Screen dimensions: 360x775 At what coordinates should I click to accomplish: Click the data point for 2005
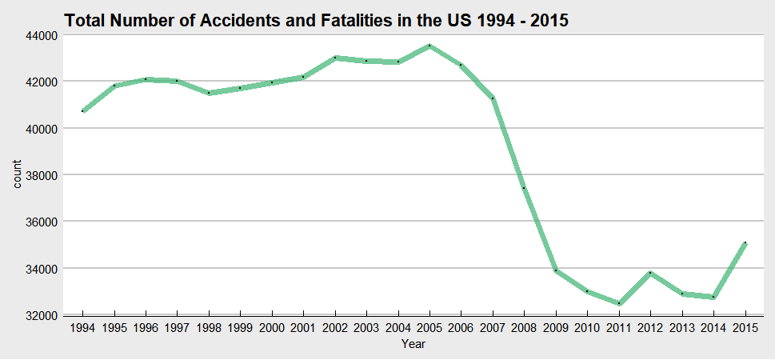(429, 46)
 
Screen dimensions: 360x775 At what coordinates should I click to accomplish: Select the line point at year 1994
(82, 111)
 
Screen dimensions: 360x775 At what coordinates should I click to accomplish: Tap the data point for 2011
(618, 303)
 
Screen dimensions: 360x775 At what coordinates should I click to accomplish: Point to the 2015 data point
(745, 242)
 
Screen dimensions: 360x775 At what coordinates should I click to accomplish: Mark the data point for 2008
(524, 188)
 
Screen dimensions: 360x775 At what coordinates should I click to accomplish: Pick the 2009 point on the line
(556, 270)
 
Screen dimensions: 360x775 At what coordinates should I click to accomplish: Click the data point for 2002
(335, 58)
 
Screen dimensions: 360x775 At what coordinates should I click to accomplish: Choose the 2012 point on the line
(650, 273)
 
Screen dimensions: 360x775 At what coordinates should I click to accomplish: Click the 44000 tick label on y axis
(39, 35)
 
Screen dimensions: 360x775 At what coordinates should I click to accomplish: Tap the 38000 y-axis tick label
(39, 175)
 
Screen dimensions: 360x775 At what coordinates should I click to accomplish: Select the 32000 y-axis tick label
(39, 315)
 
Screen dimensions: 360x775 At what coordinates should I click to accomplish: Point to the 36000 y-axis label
(39, 222)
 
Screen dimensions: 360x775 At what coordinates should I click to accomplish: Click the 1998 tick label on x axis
(209, 329)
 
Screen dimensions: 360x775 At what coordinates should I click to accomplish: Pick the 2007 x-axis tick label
(493, 329)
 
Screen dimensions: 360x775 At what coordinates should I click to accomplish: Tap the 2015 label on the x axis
(745, 329)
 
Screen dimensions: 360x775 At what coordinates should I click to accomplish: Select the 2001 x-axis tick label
(303, 329)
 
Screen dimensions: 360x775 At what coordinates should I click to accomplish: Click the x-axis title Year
(413, 345)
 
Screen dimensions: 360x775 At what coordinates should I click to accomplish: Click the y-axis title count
(18, 174)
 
